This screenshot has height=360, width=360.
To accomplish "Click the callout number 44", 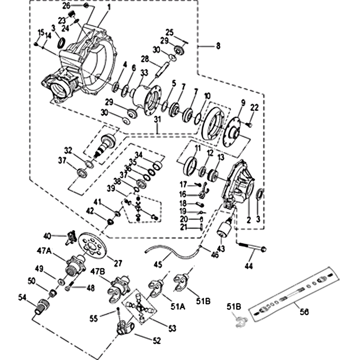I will pos(249,265).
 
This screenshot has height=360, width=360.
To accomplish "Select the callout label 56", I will pos(304,311).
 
